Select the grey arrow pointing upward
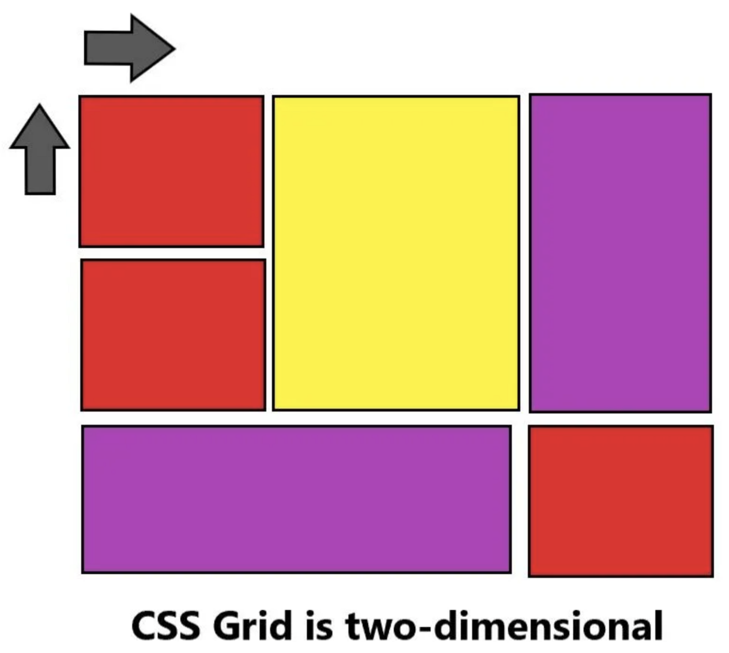pyautogui.click(x=40, y=150)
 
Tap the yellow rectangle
pyautogui.click(x=396, y=253)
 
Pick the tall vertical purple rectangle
pyautogui.click(x=620, y=253)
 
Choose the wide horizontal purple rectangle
pyautogui.click(x=296, y=499)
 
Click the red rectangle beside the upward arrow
pyautogui.click(x=172, y=171)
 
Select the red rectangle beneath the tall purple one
pyautogui.click(x=621, y=501)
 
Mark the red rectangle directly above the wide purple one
pyautogui.click(x=173, y=335)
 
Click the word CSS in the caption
pyautogui.click(x=165, y=626)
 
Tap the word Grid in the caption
pyautogui.click(x=252, y=626)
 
